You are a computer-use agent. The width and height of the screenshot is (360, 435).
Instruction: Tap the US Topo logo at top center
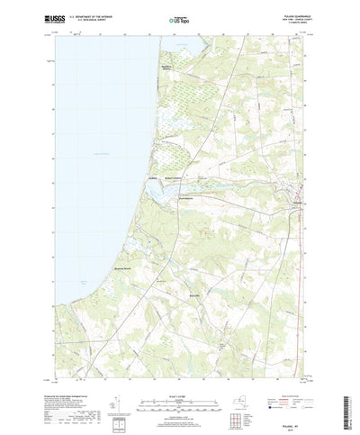[180, 18]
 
